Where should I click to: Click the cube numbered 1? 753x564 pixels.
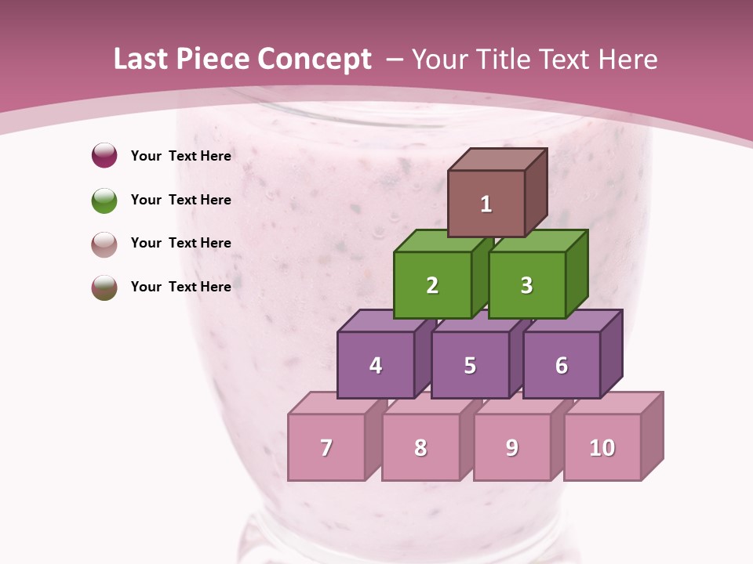click(486, 203)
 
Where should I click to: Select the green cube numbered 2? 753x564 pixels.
click(432, 284)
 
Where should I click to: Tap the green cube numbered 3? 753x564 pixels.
click(526, 284)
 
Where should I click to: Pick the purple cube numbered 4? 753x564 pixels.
click(376, 364)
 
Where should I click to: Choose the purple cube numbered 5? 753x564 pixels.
click(470, 364)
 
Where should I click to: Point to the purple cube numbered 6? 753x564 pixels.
click(562, 364)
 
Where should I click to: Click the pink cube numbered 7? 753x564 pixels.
click(326, 446)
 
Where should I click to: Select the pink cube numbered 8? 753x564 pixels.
click(420, 446)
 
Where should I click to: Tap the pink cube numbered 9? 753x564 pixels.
click(512, 446)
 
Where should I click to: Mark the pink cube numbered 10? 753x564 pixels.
click(602, 446)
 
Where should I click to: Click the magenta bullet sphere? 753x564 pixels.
click(104, 156)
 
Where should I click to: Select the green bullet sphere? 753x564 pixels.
click(104, 200)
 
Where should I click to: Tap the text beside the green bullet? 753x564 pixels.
click(180, 200)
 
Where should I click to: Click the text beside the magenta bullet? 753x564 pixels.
click(180, 156)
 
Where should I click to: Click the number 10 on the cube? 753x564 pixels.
click(602, 447)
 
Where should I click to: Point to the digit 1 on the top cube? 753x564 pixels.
click(486, 204)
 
